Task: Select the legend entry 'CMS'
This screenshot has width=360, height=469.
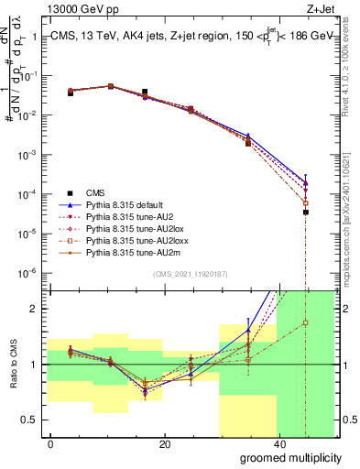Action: coord(96,192)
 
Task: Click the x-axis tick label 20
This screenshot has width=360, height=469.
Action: coord(164,443)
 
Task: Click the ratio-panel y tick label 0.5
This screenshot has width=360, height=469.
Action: coord(31,420)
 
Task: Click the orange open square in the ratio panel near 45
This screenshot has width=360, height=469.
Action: coord(306,322)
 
